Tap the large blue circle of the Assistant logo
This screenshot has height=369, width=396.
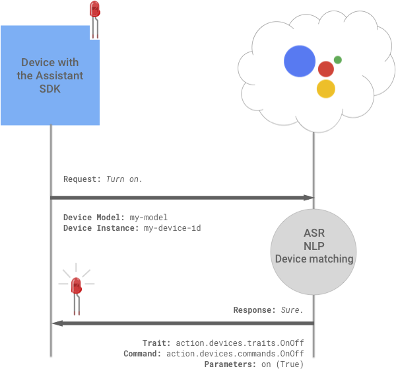300,61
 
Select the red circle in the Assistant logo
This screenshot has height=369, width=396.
325,69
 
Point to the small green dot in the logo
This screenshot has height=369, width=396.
338,60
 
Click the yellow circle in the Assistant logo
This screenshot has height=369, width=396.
325,89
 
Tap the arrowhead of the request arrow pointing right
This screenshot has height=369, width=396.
308,198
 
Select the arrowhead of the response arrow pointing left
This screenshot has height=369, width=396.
57,323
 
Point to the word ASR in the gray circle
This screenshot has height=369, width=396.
313,234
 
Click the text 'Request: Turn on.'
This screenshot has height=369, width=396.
102,179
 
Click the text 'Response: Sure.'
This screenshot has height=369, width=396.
269,310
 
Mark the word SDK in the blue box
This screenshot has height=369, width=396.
50,89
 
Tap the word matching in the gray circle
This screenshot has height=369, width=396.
332,259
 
